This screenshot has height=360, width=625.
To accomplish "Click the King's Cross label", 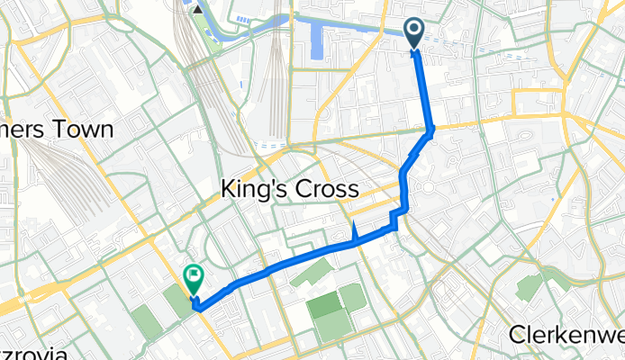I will point(290,190).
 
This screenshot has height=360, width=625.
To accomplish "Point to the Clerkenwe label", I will point(566,334).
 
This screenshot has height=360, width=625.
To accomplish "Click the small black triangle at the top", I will point(197,10).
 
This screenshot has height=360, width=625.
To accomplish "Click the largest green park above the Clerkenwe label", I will point(531,287).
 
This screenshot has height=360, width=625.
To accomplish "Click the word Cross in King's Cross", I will point(325,190).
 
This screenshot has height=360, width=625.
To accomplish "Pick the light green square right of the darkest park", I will point(353,296).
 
